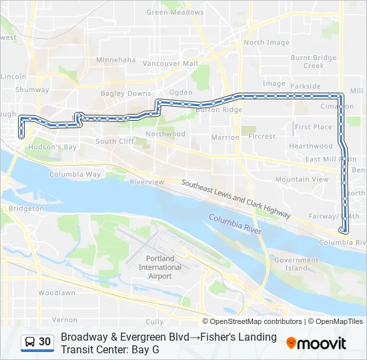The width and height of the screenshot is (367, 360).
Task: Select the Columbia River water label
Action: coord(234,224)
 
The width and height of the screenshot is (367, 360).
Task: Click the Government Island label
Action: coord(296,264)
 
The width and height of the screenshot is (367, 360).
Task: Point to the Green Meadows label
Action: coord(175,13)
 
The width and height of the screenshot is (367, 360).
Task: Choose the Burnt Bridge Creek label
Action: coord(314,62)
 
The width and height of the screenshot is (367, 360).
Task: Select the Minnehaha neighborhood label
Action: coord(115,60)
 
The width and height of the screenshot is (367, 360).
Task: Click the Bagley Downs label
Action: coord(125,94)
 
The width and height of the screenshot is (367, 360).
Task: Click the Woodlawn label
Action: coord(56,293)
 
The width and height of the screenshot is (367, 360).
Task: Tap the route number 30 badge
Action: coord(45,342)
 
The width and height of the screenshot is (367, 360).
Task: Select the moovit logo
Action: coord(316,343)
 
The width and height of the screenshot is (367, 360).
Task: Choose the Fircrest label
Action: coord(262,137)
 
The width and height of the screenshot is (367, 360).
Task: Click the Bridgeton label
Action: coord(26,209)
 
